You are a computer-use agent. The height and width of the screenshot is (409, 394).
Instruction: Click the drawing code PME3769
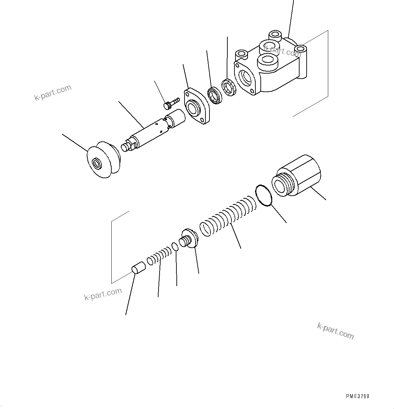(x=357, y=397)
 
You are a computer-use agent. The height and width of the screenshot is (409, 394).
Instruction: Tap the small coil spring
(x=159, y=255)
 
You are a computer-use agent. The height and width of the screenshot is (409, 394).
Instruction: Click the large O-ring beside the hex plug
(x=264, y=195)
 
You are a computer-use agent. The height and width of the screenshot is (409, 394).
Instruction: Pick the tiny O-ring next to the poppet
(x=175, y=247)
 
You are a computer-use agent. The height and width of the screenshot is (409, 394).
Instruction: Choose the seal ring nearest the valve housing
(x=230, y=87)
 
